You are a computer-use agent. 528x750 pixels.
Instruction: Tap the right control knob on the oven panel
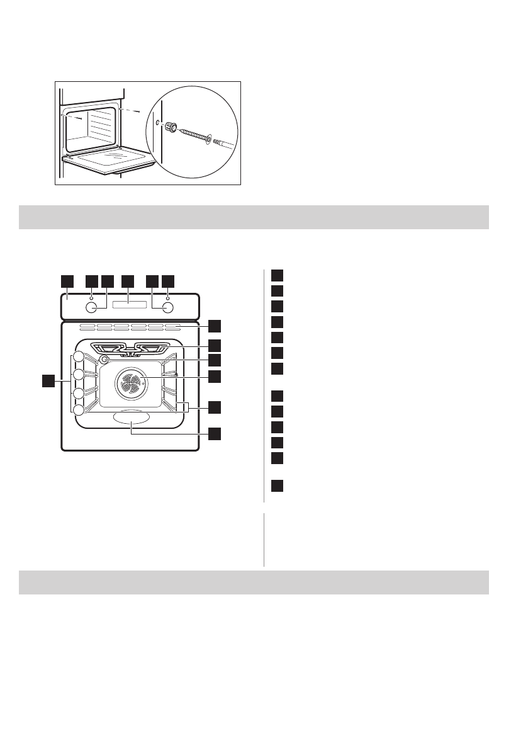(168, 307)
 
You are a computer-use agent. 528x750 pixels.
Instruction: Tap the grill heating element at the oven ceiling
(131, 348)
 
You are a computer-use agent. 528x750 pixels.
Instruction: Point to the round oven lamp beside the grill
(104, 359)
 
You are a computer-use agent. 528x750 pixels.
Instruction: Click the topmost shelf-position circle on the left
(78, 357)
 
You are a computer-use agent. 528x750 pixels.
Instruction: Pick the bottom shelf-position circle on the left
(78, 410)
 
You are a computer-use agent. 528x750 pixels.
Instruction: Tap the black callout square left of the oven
(47, 380)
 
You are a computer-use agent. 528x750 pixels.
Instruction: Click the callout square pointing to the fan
(215, 376)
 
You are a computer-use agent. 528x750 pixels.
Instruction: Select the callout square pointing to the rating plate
(215, 433)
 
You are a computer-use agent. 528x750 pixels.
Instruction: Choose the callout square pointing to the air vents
(215, 326)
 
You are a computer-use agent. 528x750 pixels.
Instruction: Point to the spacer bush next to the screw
(169, 128)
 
